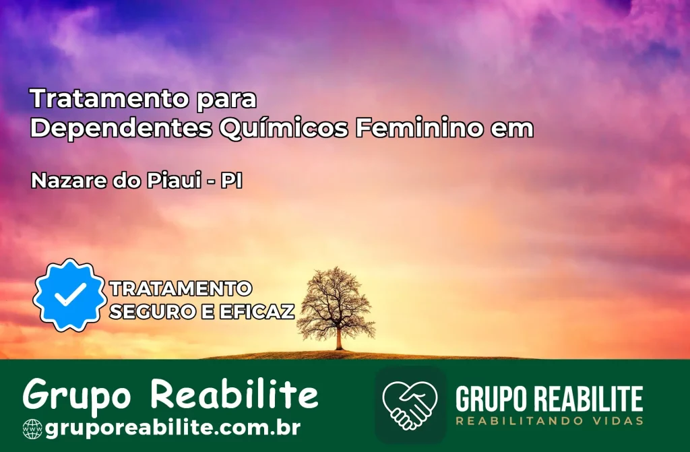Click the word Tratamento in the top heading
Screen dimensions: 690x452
[x=109, y=98]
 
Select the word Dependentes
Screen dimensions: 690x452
[x=121, y=129]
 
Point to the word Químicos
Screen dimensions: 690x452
[x=284, y=129]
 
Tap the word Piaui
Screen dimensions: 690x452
[x=174, y=181]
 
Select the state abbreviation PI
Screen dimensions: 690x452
[x=232, y=181]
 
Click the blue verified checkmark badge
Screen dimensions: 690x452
[x=70, y=295]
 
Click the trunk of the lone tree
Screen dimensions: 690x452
[x=339, y=339]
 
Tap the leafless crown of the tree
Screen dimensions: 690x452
[x=336, y=299]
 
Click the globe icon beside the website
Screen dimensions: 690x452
[x=32, y=429]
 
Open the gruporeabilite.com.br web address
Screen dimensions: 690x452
[x=172, y=427]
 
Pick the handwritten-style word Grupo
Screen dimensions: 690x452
[x=77, y=394]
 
